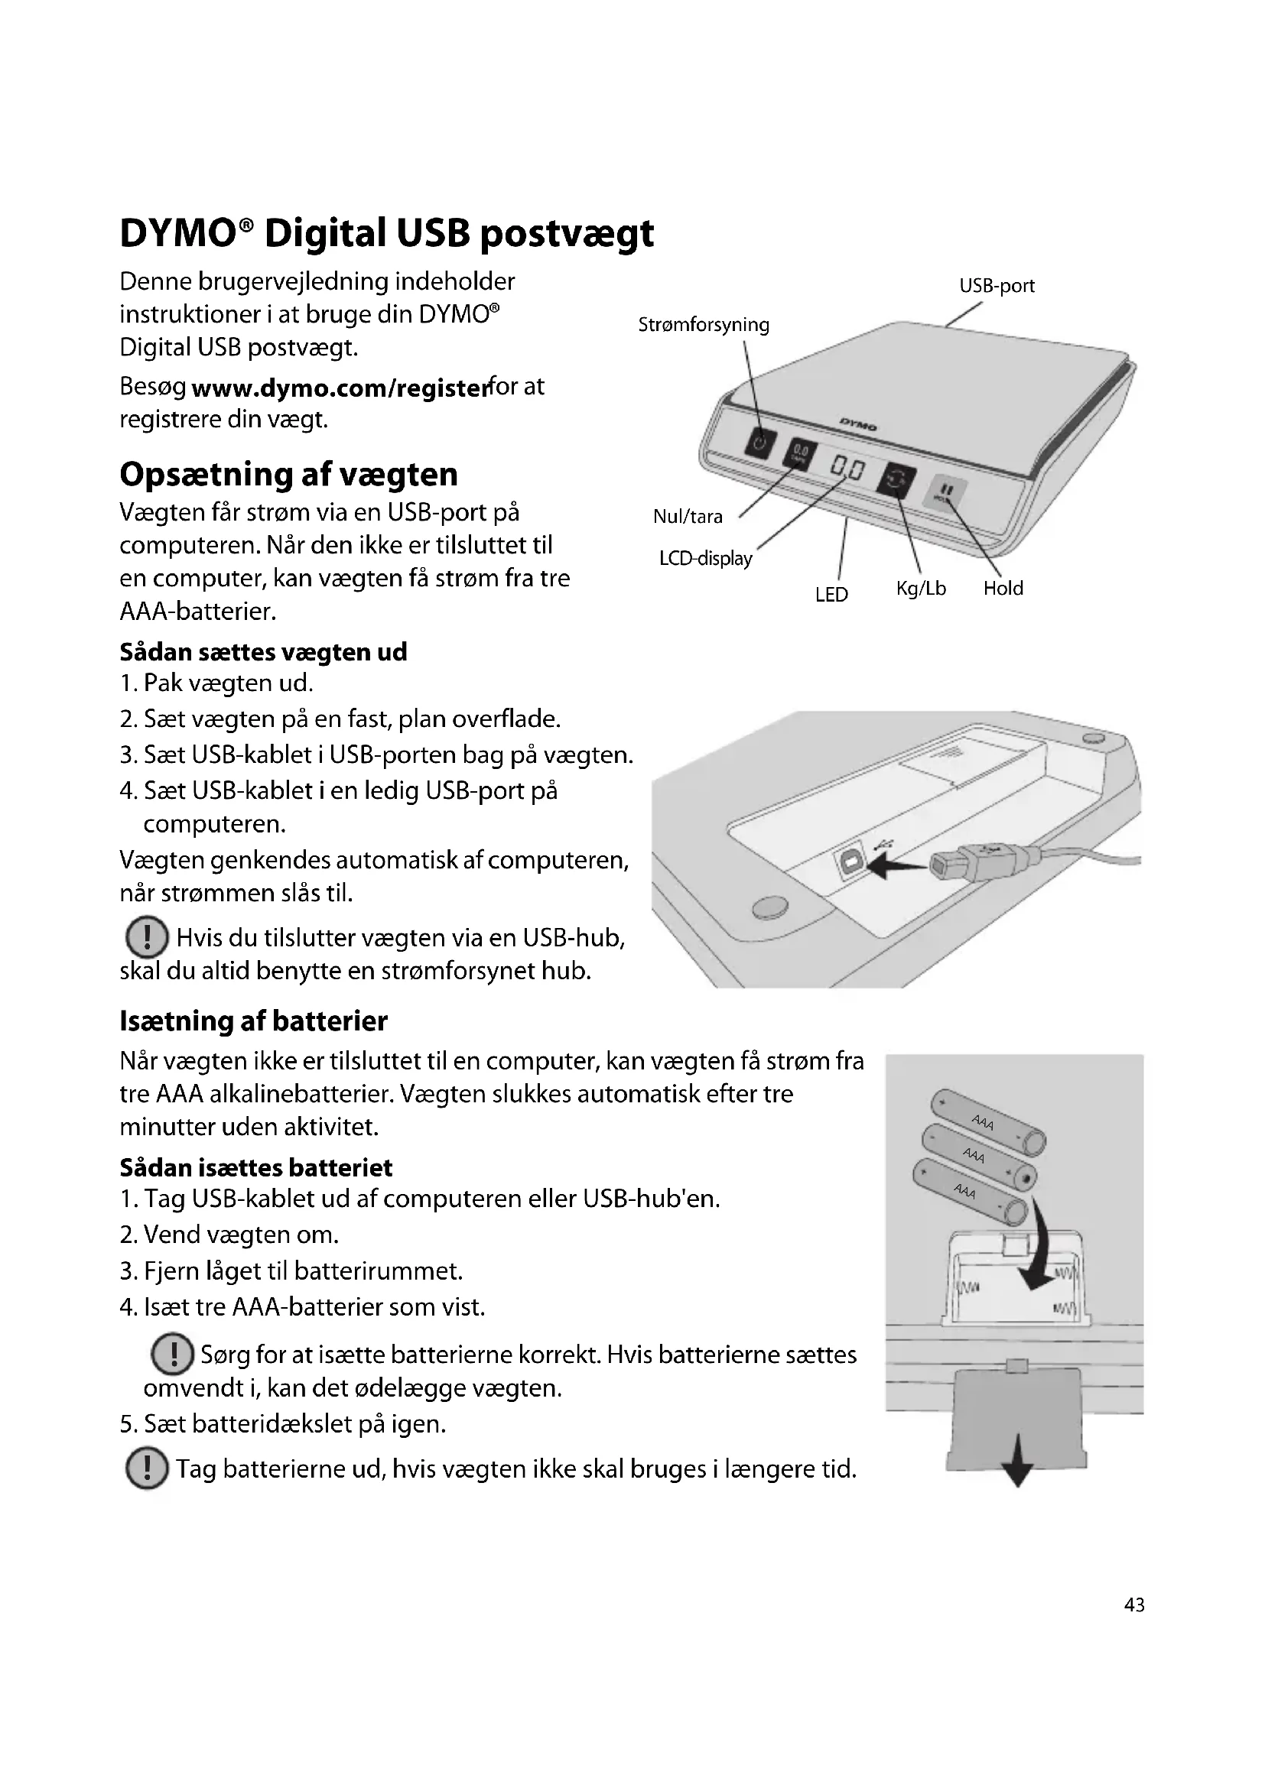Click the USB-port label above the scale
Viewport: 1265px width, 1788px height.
pos(997,286)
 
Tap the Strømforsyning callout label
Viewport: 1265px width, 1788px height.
pos(704,325)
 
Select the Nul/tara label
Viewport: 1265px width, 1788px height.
pos(688,516)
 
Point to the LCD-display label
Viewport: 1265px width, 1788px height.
pos(706,558)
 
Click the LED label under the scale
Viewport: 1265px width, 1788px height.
pos(831,595)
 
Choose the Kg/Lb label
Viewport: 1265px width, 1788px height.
pos(921,589)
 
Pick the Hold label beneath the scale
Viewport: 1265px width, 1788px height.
pos(1003,589)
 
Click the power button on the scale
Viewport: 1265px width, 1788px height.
pos(761,443)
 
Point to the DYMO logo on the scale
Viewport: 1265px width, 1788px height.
pos(857,425)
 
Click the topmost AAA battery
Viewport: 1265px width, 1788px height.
pos(987,1121)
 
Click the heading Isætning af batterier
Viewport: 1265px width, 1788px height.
pos(253,1021)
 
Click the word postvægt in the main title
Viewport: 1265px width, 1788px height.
pos(566,233)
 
